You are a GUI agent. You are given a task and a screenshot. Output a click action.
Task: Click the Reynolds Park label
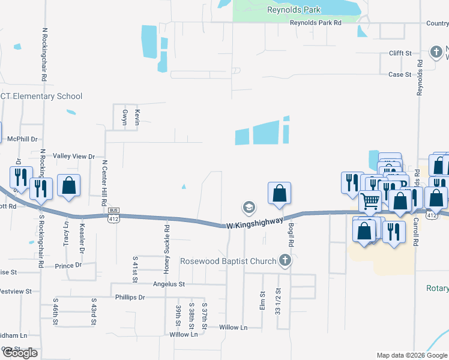click(294, 10)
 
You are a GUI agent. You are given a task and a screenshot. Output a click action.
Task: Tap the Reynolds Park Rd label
click(315, 23)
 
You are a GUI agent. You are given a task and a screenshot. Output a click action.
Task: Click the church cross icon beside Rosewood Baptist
click(285, 261)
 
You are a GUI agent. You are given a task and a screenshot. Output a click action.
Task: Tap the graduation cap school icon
click(248, 208)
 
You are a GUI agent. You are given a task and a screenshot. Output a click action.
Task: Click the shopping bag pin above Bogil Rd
click(279, 193)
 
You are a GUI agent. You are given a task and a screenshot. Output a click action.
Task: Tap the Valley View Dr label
click(74, 157)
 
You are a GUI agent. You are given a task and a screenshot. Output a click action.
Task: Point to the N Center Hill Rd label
click(104, 178)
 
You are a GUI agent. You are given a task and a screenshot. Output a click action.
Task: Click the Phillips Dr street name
click(130, 297)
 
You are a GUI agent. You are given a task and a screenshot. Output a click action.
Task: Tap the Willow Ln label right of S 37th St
click(233, 328)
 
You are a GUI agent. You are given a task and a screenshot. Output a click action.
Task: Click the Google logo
click(20, 353)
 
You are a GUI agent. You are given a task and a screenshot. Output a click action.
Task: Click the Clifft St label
click(400, 53)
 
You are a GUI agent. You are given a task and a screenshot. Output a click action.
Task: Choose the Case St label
click(400, 75)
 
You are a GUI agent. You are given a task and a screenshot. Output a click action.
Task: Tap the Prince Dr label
click(68, 265)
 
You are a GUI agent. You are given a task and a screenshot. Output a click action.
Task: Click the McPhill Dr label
click(22, 139)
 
